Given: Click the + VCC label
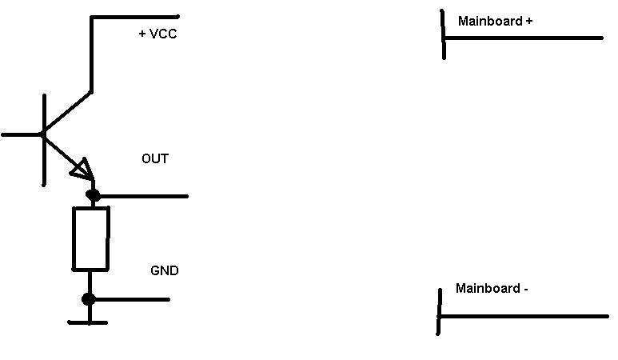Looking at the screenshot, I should [x=157, y=34].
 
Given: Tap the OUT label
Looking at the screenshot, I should [x=155, y=158].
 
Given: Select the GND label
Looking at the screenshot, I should [x=165, y=270].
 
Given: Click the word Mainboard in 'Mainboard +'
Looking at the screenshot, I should [x=490, y=21].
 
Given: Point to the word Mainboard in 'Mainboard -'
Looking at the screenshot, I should [x=488, y=288].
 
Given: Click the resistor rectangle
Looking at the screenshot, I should [x=90, y=238].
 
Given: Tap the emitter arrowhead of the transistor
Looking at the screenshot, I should [x=82, y=169].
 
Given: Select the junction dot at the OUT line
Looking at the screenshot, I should [x=93, y=195].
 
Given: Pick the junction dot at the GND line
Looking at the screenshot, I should [x=89, y=299].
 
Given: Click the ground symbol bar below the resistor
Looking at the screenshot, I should [x=88, y=322].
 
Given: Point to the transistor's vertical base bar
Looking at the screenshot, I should [x=43, y=140].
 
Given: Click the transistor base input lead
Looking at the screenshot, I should [x=21, y=134].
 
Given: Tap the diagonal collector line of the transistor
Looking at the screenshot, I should [x=67, y=113].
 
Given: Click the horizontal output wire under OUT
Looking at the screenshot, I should [x=144, y=195].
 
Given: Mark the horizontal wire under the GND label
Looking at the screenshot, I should [x=132, y=299].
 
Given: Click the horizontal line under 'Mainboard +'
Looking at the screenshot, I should [x=524, y=38].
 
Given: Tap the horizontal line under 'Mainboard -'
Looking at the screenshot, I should [x=524, y=317].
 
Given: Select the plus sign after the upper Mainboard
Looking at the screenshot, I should [x=529, y=21].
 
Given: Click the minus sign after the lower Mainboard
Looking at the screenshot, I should [x=525, y=289].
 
